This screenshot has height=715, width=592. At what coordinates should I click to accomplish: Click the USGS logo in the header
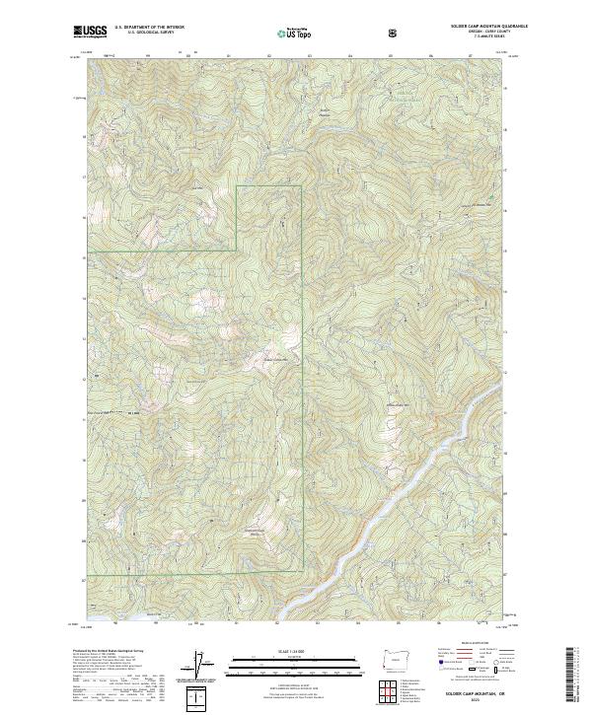[x=91, y=32]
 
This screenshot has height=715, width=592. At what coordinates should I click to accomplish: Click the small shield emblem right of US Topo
[x=339, y=32]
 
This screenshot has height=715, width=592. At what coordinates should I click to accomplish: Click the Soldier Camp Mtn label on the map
[x=279, y=360]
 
